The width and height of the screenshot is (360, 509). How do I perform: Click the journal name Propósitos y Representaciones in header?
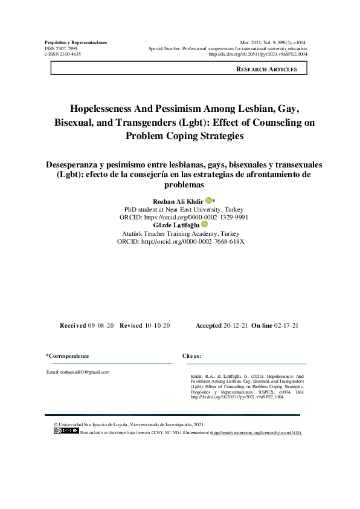76,42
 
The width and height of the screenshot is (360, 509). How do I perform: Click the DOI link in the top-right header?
257,54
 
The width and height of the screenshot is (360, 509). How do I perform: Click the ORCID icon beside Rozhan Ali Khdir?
208,200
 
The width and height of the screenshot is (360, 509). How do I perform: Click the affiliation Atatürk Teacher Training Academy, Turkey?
181,233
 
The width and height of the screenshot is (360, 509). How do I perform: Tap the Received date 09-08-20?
100,326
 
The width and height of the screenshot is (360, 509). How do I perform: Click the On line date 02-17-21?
286,326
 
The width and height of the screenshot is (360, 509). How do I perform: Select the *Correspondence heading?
68,356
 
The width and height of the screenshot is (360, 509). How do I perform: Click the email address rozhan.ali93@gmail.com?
78,372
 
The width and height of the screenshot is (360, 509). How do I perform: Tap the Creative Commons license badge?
66,430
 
